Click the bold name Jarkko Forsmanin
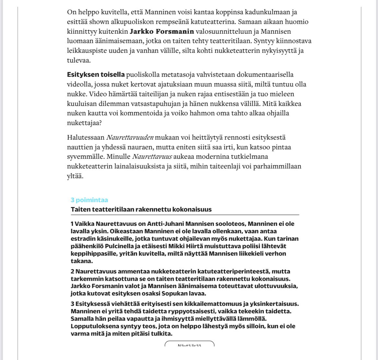[x=162, y=32]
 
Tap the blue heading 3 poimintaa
[x=89, y=200]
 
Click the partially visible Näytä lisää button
[x=189, y=344]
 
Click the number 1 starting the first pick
[x=72, y=224]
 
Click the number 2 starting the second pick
[x=73, y=272]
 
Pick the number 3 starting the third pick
[x=73, y=304]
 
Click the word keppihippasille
[x=90, y=254]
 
